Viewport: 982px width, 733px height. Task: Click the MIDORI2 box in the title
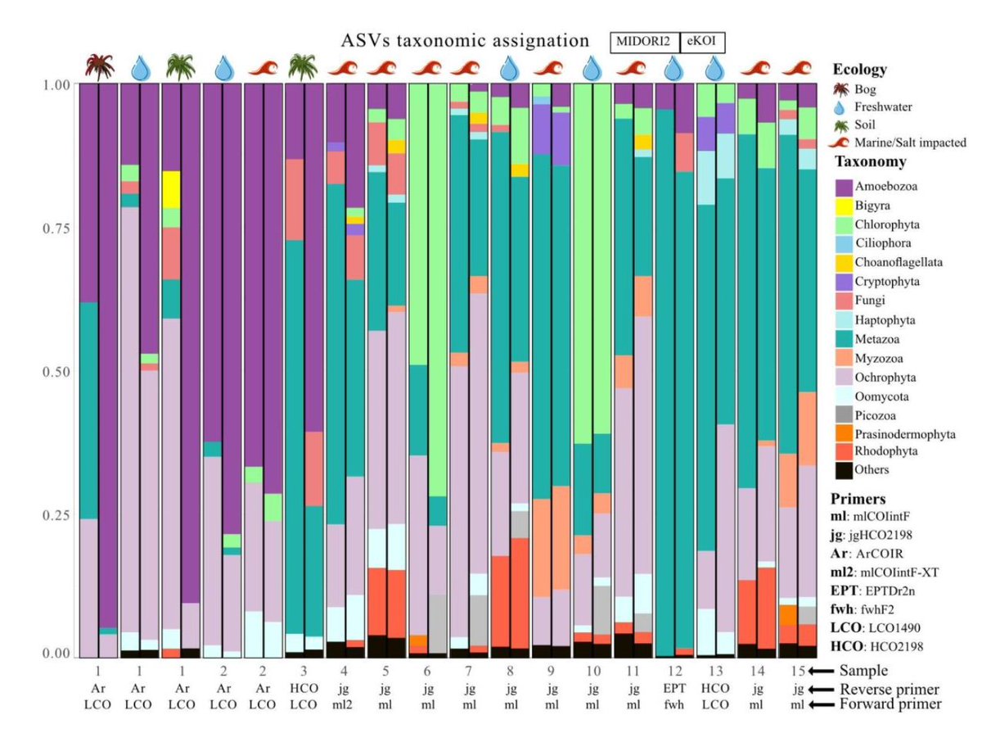(x=644, y=42)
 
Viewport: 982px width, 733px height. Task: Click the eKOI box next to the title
(x=702, y=42)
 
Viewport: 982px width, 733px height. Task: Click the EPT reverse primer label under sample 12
(x=673, y=688)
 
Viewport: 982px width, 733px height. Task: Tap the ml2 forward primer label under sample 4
(x=346, y=704)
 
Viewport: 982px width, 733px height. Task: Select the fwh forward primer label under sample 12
(x=673, y=704)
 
